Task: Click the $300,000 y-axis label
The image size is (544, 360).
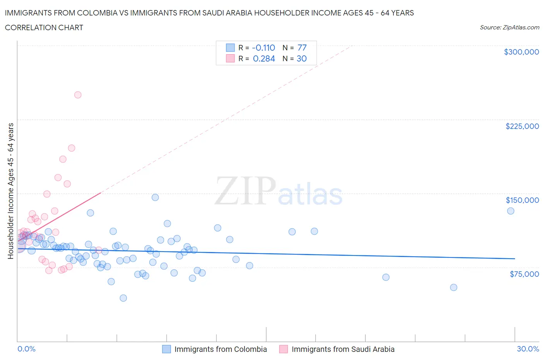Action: tap(521, 52)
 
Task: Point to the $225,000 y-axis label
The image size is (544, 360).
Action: tap(522, 126)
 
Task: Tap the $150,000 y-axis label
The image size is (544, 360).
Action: tap(522, 200)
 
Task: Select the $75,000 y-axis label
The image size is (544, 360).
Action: tap(524, 274)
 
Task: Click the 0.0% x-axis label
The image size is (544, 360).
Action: tap(26, 349)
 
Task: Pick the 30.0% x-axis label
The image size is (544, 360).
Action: tap(528, 349)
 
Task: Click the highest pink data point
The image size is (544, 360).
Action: tap(78, 95)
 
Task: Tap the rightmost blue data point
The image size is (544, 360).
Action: tap(511, 211)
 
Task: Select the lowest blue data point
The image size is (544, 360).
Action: tap(123, 298)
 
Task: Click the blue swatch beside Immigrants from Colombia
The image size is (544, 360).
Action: tap(166, 349)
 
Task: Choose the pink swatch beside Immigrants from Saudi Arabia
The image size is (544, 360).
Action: tap(284, 349)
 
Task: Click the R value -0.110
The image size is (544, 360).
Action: tap(263, 48)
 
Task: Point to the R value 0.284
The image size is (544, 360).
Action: tap(264, 58)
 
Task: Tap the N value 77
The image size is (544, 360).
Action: tap(302, 48)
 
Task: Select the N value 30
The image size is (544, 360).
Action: tap(302, 58)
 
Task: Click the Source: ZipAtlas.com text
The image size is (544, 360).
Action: tap(509, 27)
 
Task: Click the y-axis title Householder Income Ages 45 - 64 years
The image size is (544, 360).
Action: tap(10, 191)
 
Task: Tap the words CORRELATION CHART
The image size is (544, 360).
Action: tap(44, 27)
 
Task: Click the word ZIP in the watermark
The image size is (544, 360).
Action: tap(245, 190)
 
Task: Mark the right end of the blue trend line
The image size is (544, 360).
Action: tap(515, 258)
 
